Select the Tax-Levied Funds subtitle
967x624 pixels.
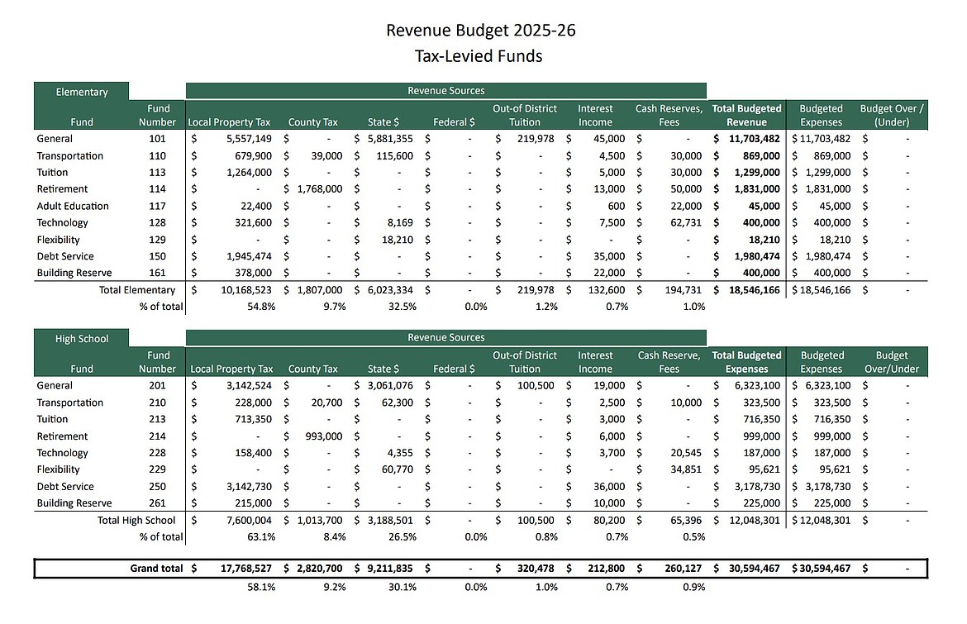[x=480, y=56]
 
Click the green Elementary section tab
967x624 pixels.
[x=82, y=92]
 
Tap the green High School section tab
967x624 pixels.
[x=82, y=338]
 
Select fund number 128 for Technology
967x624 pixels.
[x=157, y=222]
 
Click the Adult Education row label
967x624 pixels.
[x=73, y=206]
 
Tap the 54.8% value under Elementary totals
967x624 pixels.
[x=260, y=307]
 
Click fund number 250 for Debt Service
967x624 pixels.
[x=157, y=486]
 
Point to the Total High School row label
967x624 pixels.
[x=136, y=520]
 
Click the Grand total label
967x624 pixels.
[x=155, y=569]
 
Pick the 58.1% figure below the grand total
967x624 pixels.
[x=260, y=587]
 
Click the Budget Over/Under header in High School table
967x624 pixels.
[x=892, y=362]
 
